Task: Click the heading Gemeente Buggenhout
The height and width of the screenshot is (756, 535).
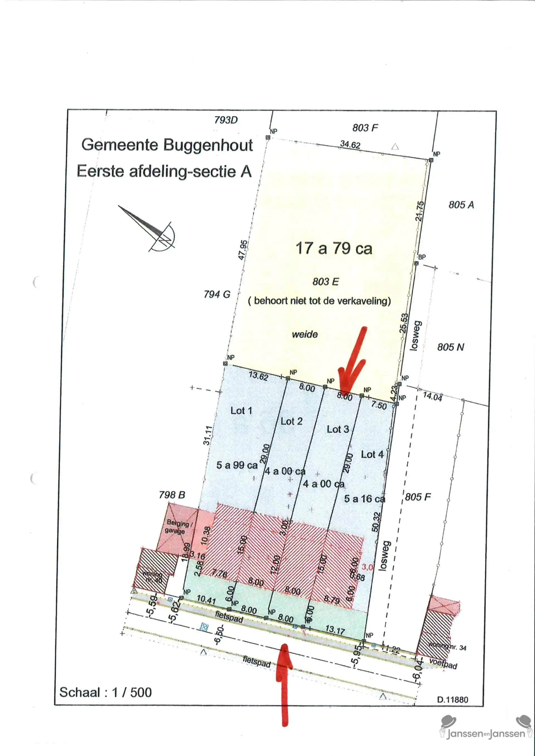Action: (x=167, y=145)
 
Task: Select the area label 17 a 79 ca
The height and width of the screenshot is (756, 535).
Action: (x=334, y=248)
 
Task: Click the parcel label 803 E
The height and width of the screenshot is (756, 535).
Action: (x=325, y=282)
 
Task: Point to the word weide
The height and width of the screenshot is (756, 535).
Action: (x=305, y=335)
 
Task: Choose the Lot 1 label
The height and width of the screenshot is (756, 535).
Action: (x=241, y=411)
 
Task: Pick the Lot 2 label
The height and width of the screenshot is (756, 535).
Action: (x=291, y=421)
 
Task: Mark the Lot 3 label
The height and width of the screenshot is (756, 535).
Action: (x=338, y=429)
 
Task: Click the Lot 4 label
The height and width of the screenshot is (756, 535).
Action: (x=372, y=454)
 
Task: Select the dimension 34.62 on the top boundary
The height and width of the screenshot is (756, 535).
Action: (x=350, y=144)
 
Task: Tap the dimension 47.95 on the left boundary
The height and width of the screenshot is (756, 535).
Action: (x=243, y=250)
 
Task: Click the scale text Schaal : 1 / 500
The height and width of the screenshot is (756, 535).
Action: (x=105, y=692)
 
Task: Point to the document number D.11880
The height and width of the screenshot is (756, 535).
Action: (x=452, y=699)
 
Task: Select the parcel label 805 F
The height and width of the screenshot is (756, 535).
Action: (x=418, y=497)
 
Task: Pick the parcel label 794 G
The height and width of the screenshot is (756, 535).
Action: (x=217, y=294)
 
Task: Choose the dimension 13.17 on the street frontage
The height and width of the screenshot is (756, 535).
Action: (x=335, y=630)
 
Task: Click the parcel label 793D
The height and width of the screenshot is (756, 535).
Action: (x=226, y=120)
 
